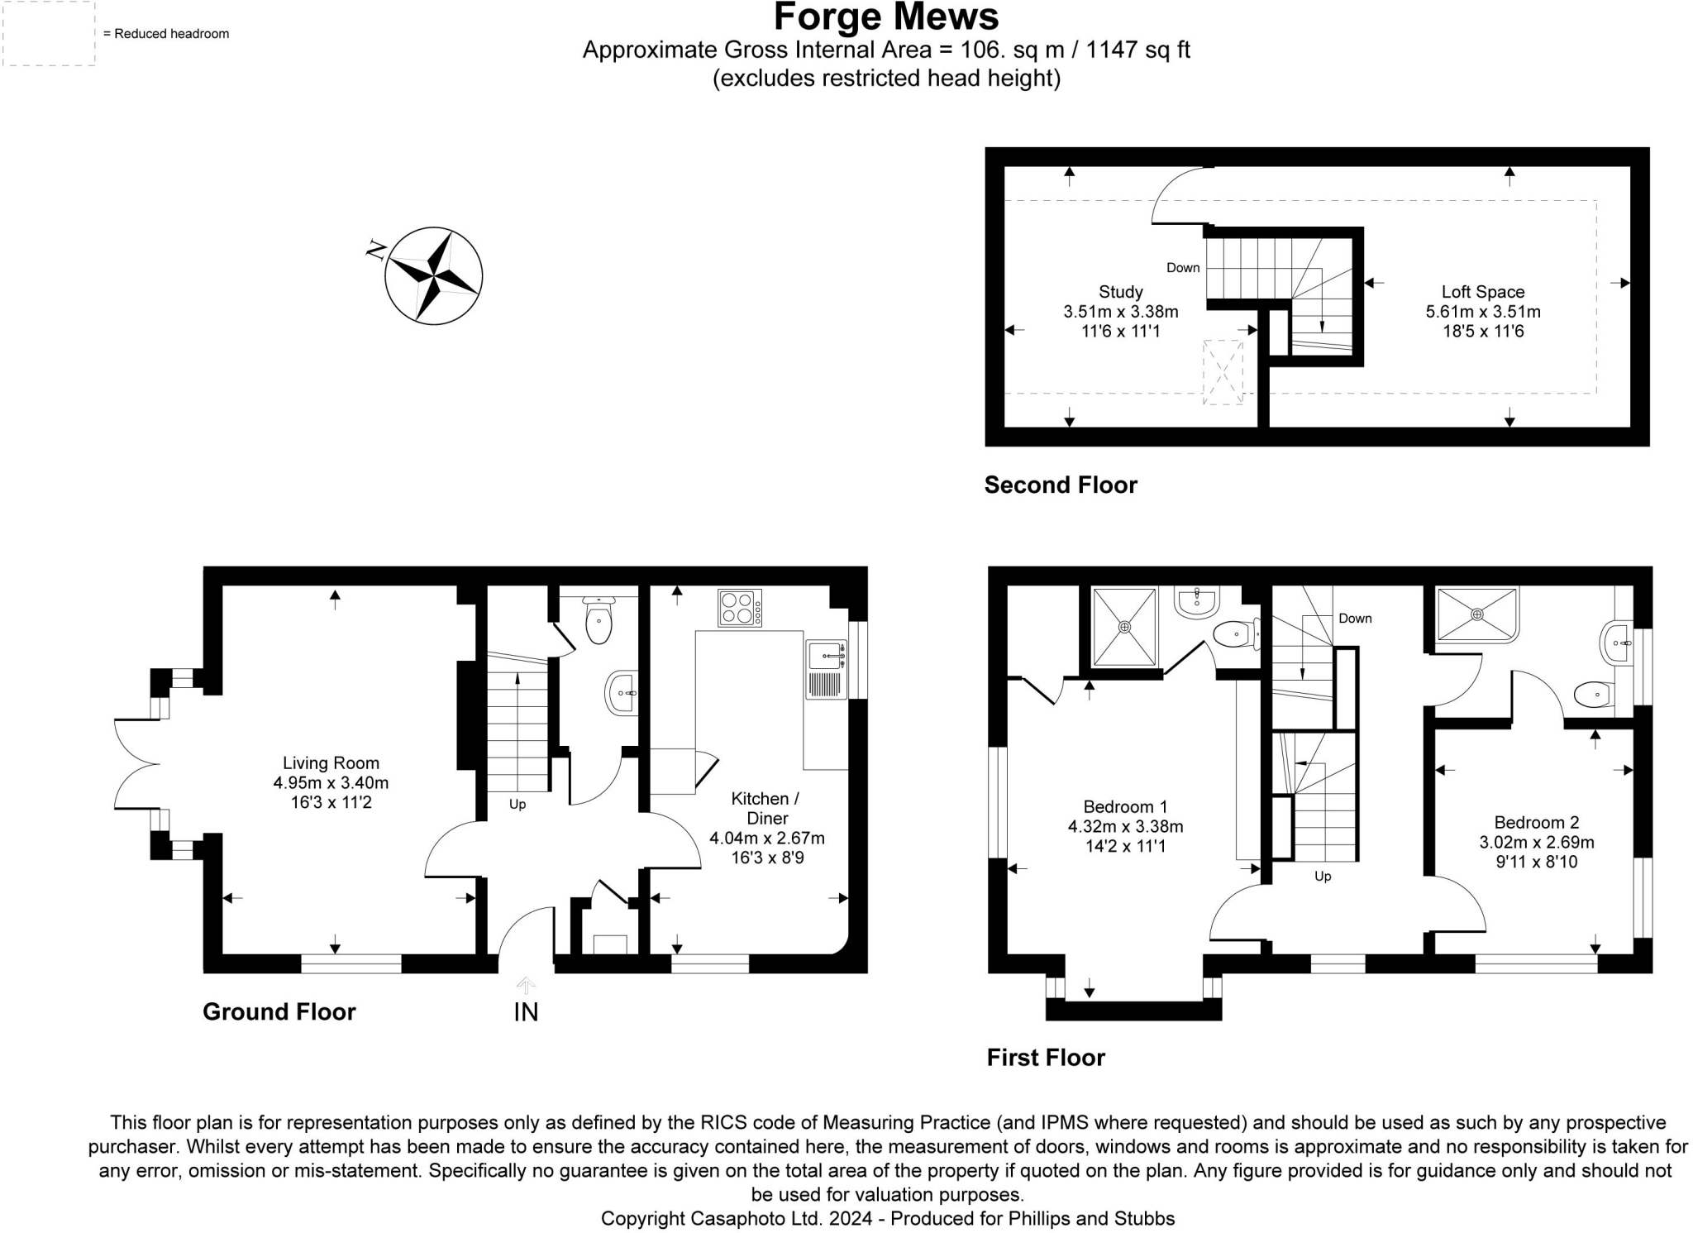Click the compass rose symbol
pos(433,275)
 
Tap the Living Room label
pos(331,763)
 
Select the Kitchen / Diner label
pos(765,808)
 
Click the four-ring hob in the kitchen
pos(740,608)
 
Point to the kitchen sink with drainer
pos(826,669)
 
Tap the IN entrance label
pos(526,1012)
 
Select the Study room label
pos(1120,292)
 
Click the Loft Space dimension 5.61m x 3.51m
pos(1482,312)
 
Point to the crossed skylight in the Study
pos(1223,372)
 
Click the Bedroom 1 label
pos(1125,806)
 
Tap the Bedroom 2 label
pos(1536,822)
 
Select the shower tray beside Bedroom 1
pos(1124,627)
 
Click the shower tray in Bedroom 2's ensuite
pos(1477,614)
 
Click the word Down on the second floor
pos(1182,268)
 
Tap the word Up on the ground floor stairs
pos(517,804)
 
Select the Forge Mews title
pos(886,17)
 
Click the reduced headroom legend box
pos(49,34)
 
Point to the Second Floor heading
pos(1060,485)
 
